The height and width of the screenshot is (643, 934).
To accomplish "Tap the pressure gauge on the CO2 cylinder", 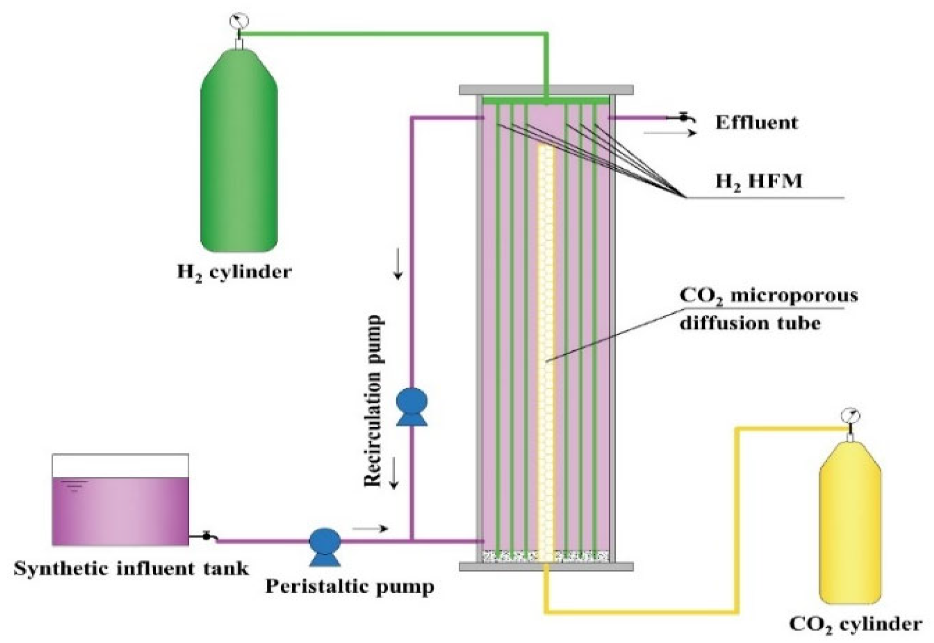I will [x=851, y=416].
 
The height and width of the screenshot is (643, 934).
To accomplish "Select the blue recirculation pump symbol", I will [x=412, y=406].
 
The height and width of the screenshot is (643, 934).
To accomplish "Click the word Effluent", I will [x=756, y=123].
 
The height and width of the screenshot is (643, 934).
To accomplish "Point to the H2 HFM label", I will [x=758, y=181].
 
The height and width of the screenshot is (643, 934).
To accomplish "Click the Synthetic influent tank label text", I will [x=131, y=569].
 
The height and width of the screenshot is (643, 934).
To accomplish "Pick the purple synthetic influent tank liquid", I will [x=120, y=511].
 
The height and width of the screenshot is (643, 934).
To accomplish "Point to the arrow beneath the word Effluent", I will [x=670, y=133].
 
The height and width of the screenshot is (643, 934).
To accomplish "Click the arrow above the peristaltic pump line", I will [x=370, y=529].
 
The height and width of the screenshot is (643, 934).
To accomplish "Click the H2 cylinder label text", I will [x=234, y=272].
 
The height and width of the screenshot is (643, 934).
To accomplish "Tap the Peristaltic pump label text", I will [x=350, y=587].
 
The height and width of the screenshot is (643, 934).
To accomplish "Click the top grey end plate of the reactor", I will [x=546, y=90].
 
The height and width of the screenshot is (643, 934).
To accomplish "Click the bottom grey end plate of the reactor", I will [x=546, y=567].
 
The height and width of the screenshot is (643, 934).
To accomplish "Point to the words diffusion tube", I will [x=750, y=323].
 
